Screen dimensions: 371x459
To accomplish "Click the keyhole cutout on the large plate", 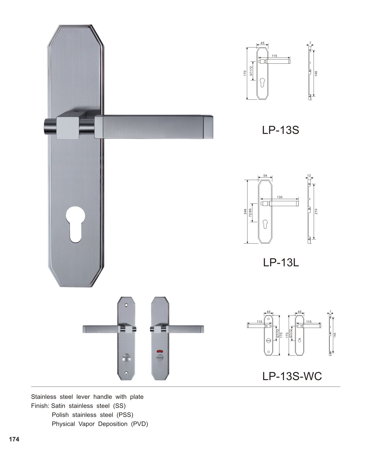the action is [75, 225].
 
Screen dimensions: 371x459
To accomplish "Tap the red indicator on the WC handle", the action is [160, 351].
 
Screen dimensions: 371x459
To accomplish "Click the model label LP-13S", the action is [280, 130].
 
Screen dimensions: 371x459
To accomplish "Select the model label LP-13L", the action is [281, 262].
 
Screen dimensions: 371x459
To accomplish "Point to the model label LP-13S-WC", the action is [292, 376].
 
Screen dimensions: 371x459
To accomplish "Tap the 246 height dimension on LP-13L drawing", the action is [245, 211].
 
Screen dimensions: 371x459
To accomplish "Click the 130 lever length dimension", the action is [280, 197].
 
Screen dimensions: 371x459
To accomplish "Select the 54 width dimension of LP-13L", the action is [265, 176].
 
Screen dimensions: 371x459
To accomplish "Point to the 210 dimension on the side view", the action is [316, 211].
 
